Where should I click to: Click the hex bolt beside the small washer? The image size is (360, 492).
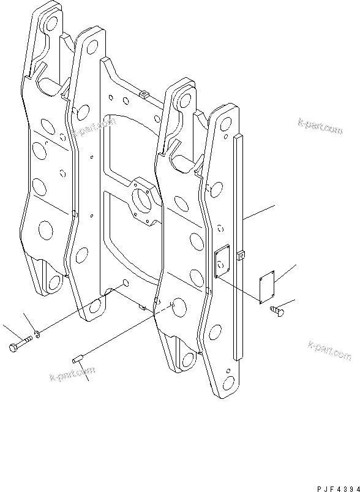[20, 343]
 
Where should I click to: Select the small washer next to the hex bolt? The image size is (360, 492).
[37, 335]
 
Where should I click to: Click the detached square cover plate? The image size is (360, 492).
[267, 287]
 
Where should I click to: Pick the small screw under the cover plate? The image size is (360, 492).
[277, 311]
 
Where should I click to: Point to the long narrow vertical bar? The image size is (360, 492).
[238, 246]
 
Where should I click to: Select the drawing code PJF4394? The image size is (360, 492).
[338, 488]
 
